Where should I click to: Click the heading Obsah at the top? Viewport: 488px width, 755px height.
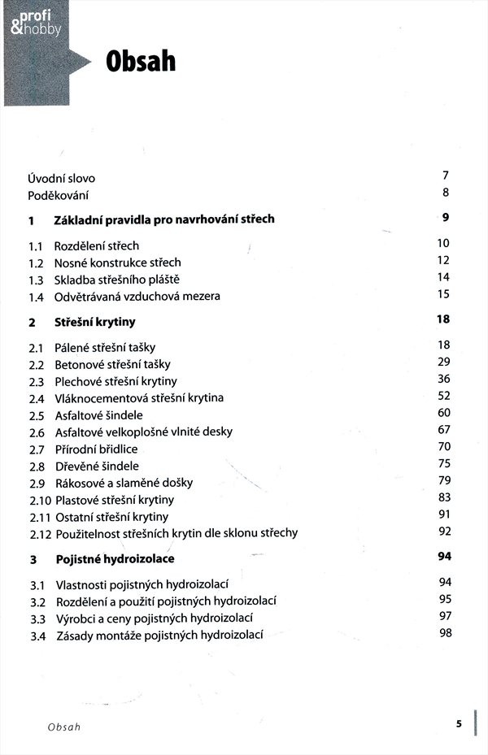coord(140,61)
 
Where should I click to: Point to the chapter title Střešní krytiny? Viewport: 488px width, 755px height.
coord(94,322)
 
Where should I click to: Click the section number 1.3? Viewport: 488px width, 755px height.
coord(36,279)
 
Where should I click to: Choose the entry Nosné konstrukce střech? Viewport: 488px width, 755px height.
coord(118,262)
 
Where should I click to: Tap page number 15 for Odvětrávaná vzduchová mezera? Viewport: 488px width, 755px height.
coord(443,294)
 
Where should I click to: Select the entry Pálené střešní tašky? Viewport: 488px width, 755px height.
coord(105,347)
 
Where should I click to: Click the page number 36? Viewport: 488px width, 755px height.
coord(443,379)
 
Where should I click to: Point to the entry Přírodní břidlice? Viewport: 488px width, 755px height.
coord(96,449)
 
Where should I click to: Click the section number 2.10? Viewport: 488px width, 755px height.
coord(39,500)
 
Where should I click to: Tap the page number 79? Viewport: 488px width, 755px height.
coord(443,480)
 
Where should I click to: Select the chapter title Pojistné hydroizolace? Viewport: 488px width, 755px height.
coord(114,559)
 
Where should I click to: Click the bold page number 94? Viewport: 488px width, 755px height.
coord(443,556)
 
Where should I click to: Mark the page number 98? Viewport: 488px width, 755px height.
coord(444,633)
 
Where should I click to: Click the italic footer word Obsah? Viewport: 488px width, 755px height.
coord(64,726)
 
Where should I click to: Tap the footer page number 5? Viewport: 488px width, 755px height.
coord(459,723)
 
